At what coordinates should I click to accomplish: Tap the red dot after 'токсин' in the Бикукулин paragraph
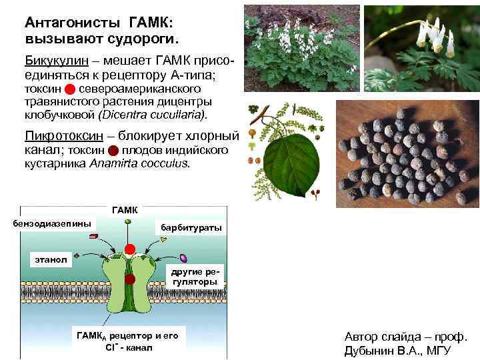point(69,89)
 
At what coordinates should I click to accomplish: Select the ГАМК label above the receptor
point(125,210)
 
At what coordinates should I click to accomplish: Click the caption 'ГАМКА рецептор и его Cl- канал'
point(128,341)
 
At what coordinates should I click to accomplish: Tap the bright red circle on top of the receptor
point(130,250)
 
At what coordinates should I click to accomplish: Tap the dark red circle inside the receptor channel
point(130,279)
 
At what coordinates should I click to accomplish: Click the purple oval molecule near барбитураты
point(183,257)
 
